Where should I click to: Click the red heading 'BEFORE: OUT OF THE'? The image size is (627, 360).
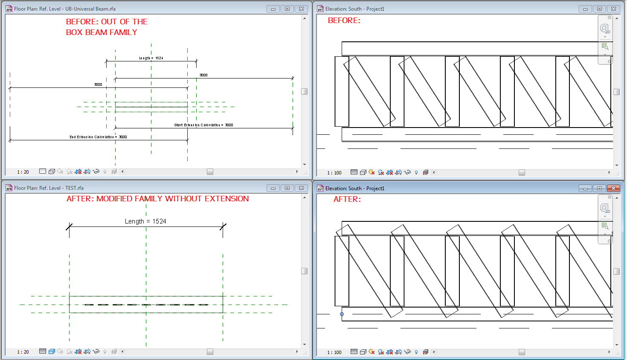(107, 22)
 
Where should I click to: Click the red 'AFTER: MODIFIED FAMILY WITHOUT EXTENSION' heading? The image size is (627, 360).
(157, 199)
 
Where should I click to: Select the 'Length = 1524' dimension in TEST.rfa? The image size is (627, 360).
(145, 221)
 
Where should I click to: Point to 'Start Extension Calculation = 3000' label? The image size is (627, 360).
(203, 125)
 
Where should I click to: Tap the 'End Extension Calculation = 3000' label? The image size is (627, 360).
(98, 137)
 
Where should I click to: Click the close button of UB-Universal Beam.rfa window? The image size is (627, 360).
(301, 9)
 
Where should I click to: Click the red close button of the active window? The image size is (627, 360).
(613, 188)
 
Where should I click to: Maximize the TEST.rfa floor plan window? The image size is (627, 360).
(287, 188)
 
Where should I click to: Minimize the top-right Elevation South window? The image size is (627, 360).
(585, 9)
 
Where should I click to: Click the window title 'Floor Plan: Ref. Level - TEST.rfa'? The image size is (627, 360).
(49, 188)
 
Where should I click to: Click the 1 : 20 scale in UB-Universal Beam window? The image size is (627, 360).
(23, 172)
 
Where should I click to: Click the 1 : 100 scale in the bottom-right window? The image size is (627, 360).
(334, 352)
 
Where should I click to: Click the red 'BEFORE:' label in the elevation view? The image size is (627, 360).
(344, 20)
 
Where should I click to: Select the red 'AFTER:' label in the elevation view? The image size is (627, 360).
(347, 199)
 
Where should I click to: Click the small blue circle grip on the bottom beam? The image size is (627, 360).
(342, 314)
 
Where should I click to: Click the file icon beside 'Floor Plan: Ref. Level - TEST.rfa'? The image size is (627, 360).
(9, 188)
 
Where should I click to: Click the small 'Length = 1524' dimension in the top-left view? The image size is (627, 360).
(151, 58)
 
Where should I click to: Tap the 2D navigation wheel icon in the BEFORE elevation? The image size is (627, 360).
(604, 29)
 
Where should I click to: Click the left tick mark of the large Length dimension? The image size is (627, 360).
(69, 226)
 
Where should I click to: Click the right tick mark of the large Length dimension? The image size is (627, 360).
(223, 226)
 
